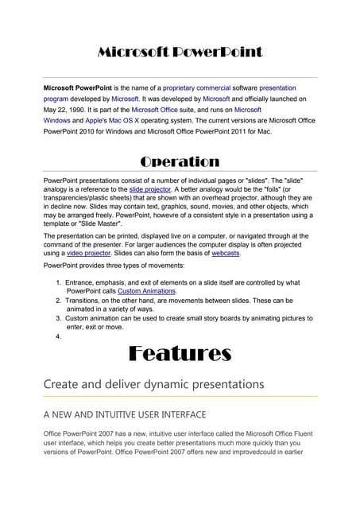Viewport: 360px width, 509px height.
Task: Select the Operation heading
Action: tap(180, 161)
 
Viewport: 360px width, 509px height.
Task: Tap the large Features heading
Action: tap(180, 352)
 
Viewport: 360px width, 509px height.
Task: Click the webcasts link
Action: tap(225, 254)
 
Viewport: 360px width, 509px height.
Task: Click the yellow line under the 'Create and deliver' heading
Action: tap(180, 396)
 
